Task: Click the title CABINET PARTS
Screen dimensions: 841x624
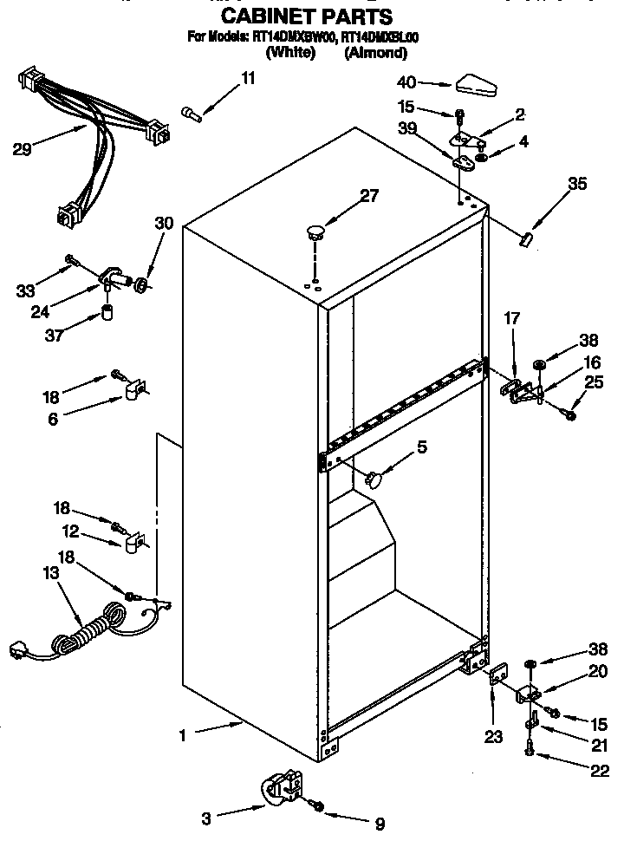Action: [x=306, y=16]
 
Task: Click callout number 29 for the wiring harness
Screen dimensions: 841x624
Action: [x=23, y=148]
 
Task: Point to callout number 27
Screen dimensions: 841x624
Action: [x=370, y=196]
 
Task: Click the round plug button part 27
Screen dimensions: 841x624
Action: [x=315, y=231]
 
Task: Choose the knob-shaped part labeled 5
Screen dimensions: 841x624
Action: [x=375, y=477]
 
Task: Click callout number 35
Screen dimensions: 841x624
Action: [x=576, y=183]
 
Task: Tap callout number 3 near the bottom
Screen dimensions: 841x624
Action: [x=205, y=817]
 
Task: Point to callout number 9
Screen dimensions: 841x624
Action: [x=379, y=823]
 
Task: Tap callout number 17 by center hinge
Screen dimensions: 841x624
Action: [x=512, y=320]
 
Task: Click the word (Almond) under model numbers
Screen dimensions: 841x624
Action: [x=376, y=53]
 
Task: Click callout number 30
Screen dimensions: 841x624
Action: [x=164, y=223]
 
